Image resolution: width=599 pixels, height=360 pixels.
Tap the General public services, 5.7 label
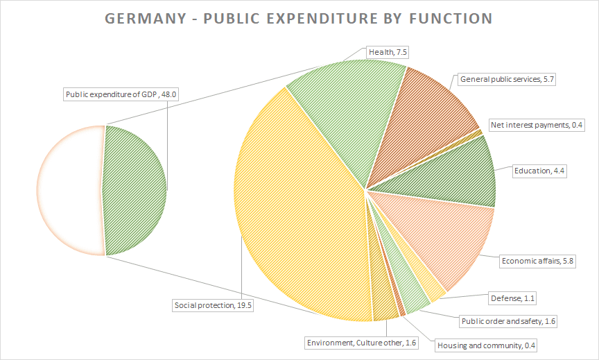click(507, 79)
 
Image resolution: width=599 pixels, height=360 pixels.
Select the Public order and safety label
click(508, 321)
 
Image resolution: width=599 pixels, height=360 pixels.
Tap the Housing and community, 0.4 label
click(487, 345)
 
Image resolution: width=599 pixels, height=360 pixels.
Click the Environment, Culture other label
click(361, 342)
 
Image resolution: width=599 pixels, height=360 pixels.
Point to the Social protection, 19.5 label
click(212, 305)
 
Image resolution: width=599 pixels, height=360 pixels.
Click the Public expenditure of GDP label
click(122, 95)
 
